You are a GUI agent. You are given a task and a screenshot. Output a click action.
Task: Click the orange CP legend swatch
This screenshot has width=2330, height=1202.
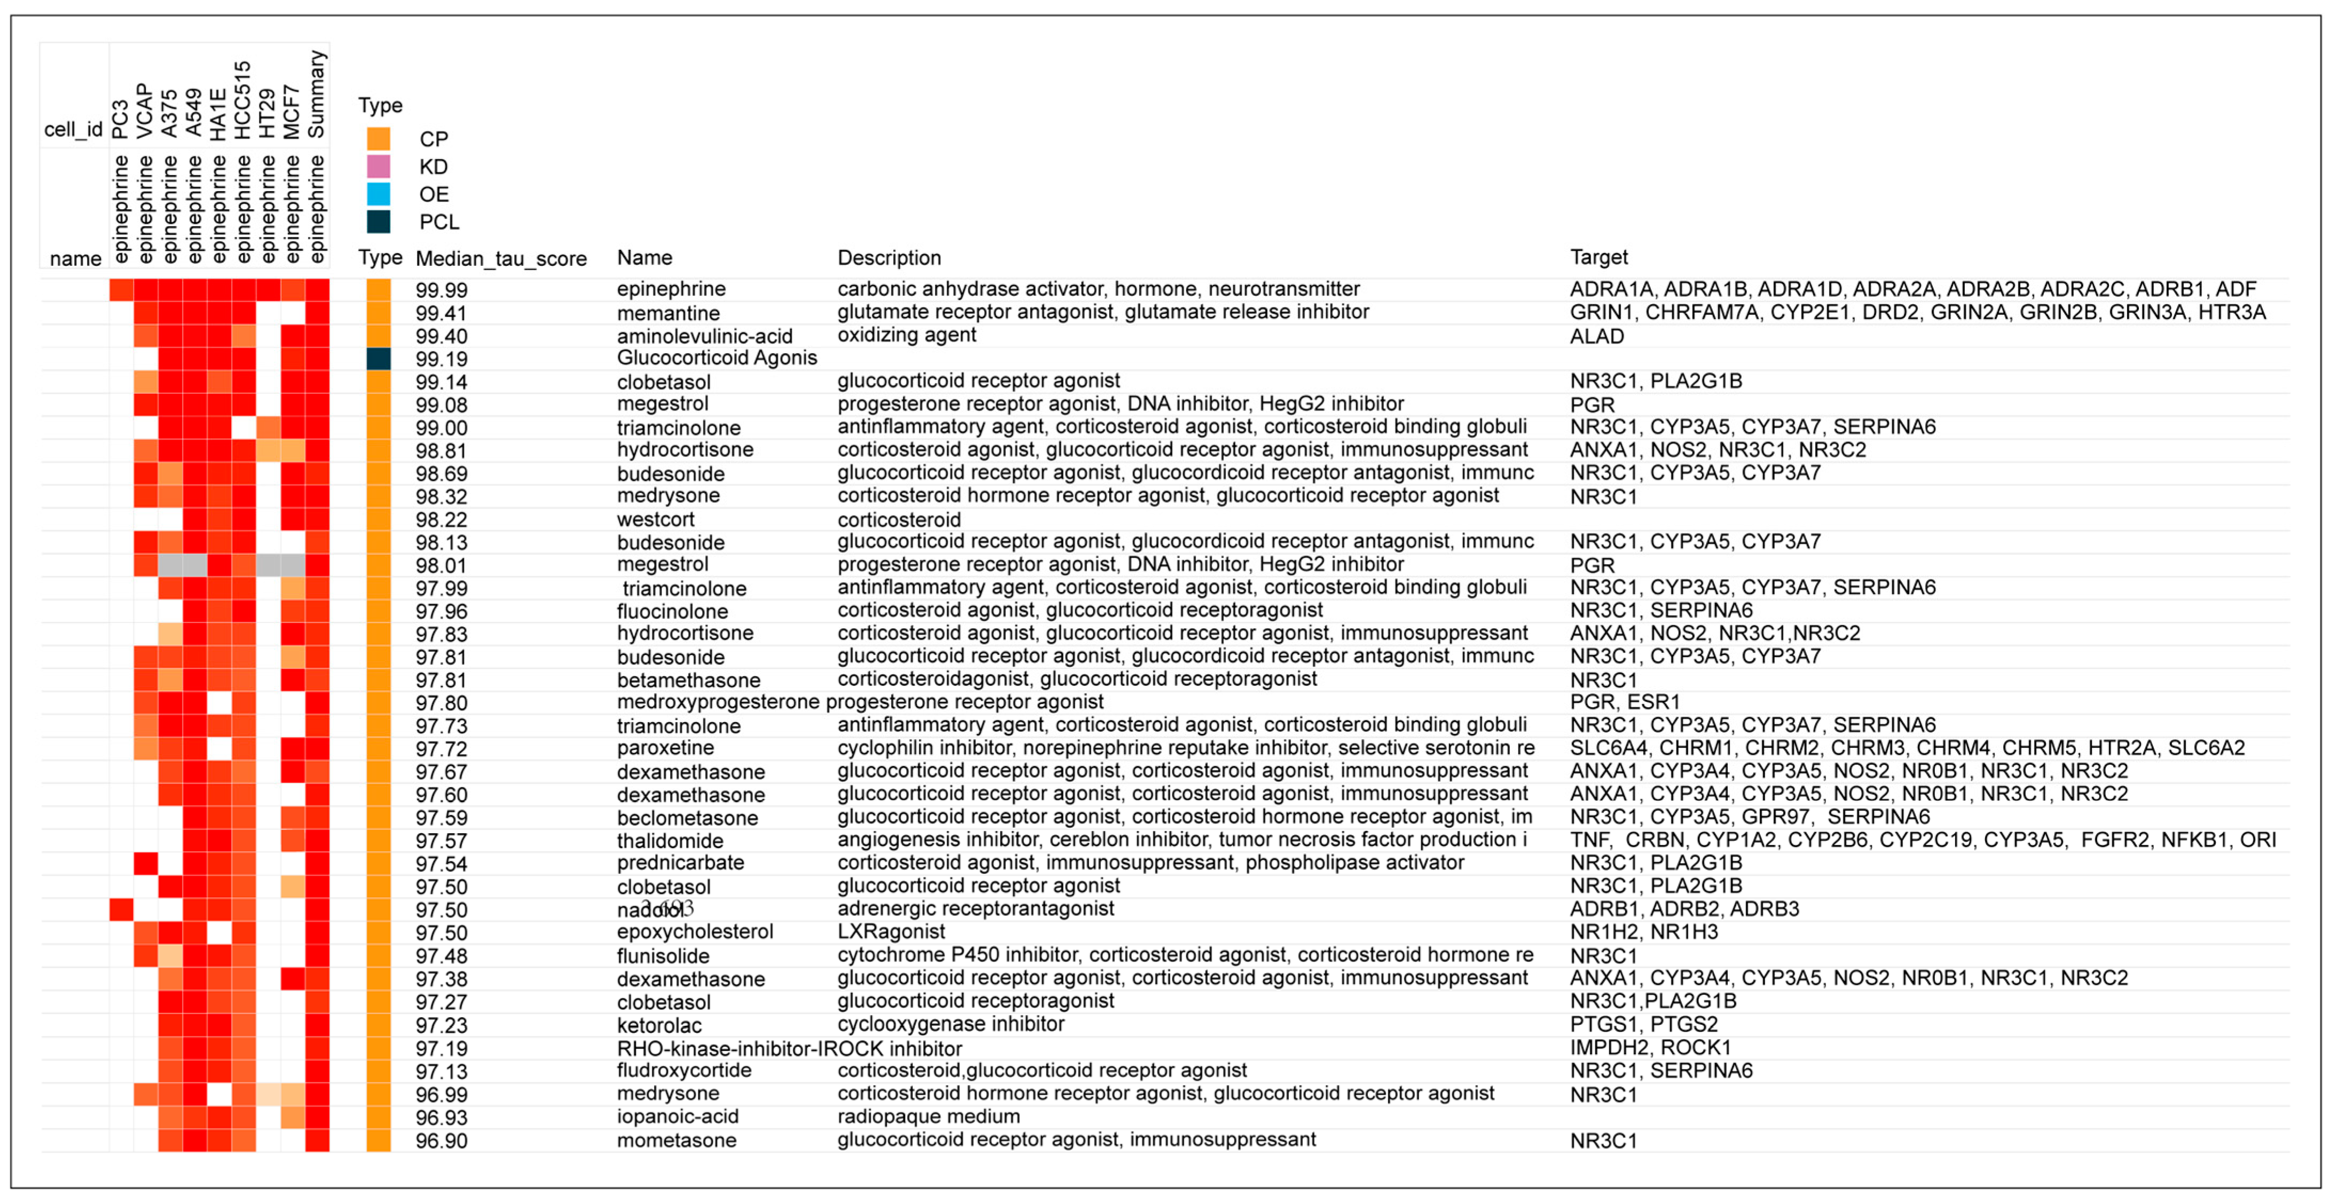(x=378, y=138)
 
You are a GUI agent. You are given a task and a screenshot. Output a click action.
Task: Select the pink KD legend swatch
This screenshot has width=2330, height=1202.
(x=378, y=167)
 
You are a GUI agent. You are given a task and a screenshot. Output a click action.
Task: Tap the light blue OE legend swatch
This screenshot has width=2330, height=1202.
(x=378, y=194)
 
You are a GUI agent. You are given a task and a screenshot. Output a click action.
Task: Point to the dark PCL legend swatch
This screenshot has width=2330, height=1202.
(x=378, y=222)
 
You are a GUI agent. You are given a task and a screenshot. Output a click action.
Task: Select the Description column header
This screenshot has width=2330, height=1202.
(x=888, y=258)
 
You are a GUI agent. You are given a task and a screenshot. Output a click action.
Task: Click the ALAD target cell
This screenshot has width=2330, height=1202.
(x=1596, y=336)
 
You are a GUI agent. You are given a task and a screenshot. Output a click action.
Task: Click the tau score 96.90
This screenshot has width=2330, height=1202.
(x=442, y=1141)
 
